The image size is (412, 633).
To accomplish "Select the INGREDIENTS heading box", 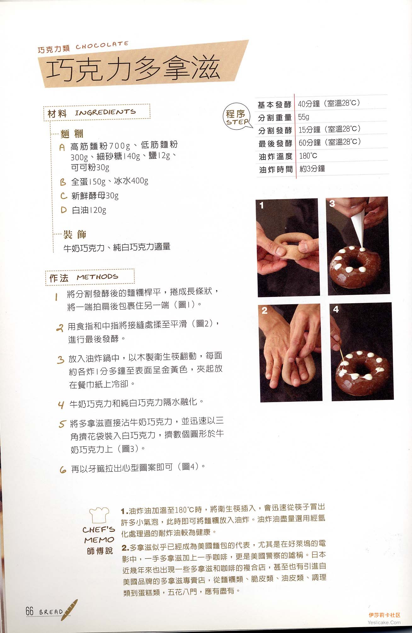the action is point(97,112).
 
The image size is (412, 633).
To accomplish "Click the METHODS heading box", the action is point(90,277).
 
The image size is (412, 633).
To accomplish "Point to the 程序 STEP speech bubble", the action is point(237,117).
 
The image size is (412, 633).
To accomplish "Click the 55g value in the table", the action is point(304,117).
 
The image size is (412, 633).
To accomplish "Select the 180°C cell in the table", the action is point(308,156).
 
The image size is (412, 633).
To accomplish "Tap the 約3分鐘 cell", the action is point(312,169).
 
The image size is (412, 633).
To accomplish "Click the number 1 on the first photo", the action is point(262,206).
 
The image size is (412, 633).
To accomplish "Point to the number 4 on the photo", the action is point(336,310).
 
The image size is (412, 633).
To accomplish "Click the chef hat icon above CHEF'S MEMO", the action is point(99,515).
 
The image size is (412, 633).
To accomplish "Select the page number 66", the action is point(29,611).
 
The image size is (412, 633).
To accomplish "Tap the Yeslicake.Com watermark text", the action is point(384,622).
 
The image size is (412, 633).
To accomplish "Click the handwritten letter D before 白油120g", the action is point(64,210).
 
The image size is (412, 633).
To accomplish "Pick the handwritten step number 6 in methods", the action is point(63,470).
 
